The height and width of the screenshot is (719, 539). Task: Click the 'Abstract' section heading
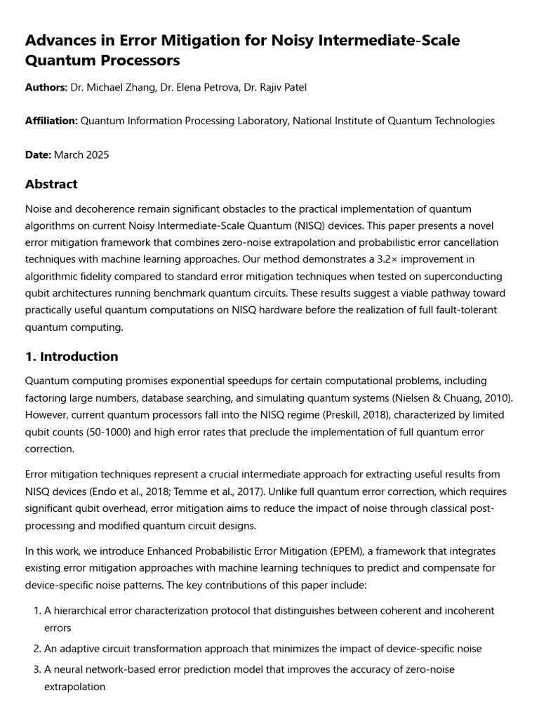click(51, 185)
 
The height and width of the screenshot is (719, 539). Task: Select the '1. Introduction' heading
click(72, 357)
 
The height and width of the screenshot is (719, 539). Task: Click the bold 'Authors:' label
click(46, 87)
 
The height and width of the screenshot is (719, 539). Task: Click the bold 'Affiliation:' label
click(51, 121)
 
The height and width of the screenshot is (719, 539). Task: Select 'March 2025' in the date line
click(86, 154)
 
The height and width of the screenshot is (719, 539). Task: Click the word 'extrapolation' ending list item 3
click(74, 687)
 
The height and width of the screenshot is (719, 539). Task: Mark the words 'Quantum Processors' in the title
click(102, 61)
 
